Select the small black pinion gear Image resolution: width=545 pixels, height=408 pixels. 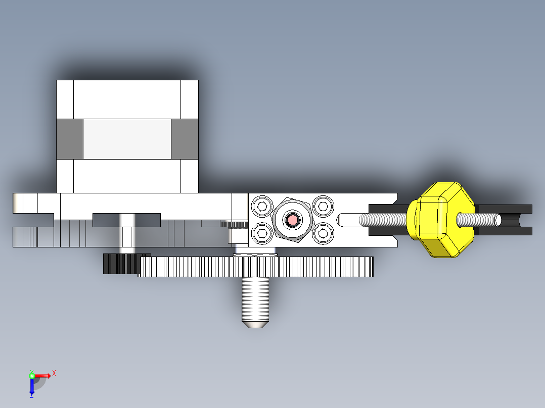pyautogui.click(x=119, y=264)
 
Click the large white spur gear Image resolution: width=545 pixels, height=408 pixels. pyautogui.click(x=256, y=267)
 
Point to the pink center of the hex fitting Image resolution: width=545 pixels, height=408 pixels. pyautogui.click(x=292, y=220)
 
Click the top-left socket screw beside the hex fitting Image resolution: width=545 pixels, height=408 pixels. pyautogui.click(x=262, y=206)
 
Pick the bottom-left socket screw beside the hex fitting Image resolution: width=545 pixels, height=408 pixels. pyautogui.click(x=262, y=232)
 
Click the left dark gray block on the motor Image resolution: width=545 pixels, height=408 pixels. pyautogui.click(x=69, y=139)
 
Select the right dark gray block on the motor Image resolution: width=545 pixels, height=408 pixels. pyautogui.click(x=185, y=139)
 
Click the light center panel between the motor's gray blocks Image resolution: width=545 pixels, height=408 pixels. pyautogui.click(x=127, y=139)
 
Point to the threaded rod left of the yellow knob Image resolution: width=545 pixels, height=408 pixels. pyautogui.click(x=383, y=220)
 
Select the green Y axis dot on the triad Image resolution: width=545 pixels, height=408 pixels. pyautogui.click(x=31, y=375)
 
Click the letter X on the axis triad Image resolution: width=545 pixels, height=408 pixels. pyautogui.click(x=54, y=373)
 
